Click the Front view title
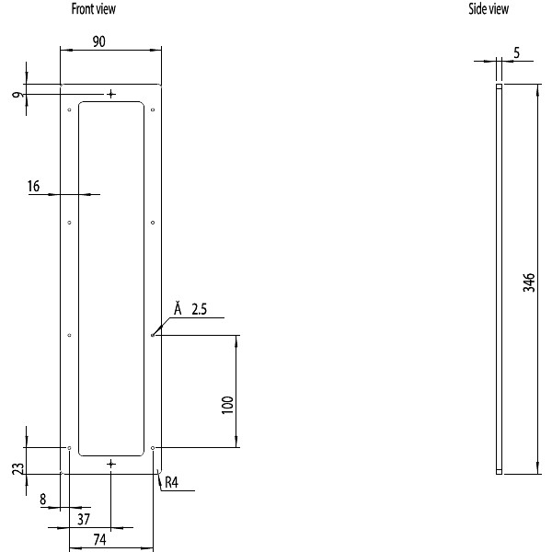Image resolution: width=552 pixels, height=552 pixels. pyautogui.click(x=93, y=9)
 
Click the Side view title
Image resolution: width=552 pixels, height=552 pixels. pyautogui.click(x=489, y=9)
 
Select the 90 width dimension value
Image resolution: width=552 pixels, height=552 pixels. pyautogui.click(x=99, y=41)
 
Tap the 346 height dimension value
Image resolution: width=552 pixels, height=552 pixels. pyautogui.click(x=529, y=282)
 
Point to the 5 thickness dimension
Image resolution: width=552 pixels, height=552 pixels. pyautogui.click(x=516, y=52)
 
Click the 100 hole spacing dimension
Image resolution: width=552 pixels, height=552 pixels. pyautogui.click(x=228, y=405)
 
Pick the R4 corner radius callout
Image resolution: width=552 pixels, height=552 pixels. pyautogui.click(x=171, y=482)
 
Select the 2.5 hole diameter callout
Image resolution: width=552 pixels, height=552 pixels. pyautogui.click(x=200, y=309)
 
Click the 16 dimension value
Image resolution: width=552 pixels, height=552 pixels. pyautogui.click(x=34, y=186)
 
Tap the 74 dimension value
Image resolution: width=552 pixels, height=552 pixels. pyautogui.click(x=99, y=539)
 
